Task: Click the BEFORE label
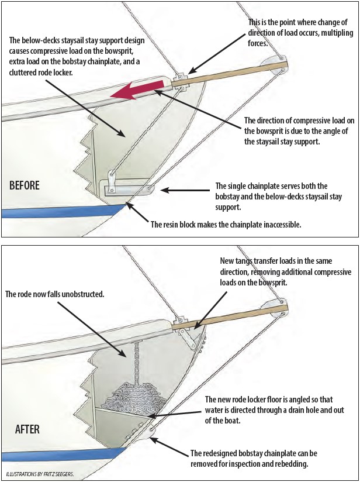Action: pyautogui.click(x=25, y=185)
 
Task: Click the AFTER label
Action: pyautogui.click(x=27, y=429)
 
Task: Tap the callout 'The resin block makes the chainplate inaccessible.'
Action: pyautogui.click(x=226, y=224)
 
